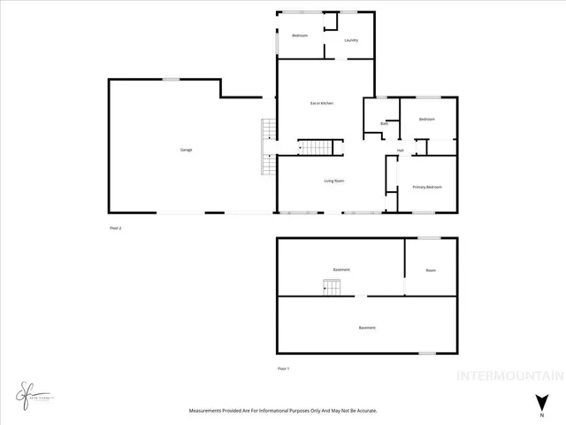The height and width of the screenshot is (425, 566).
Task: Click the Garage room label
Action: click(x=187, y=150)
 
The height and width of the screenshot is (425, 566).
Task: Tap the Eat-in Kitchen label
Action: click(x=321, y=104)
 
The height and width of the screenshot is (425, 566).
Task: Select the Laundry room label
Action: click(x=351, y=40)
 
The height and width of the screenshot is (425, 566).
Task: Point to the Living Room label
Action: click(x=333, y=181)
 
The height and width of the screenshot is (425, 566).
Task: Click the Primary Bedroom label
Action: click(x=427, y=187)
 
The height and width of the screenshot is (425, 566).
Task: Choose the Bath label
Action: click(x=384, y=124)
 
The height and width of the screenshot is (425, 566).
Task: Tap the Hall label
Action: click(x=400, y=151)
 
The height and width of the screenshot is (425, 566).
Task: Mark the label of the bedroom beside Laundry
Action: click(x=300, y=35)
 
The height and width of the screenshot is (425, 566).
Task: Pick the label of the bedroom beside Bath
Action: click(x=427, y=119)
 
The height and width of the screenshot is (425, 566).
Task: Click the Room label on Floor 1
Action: click(x=431, y=270)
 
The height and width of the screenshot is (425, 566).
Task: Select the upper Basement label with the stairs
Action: click(x=341, y=269)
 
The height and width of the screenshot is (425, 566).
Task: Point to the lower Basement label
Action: click(x=367, y=328)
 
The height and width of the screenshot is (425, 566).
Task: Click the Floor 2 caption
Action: click(x=114, y=228)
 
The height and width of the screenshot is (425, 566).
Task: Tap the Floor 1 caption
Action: click(x=284, y=367)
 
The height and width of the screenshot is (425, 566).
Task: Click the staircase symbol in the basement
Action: click(x=331, y=286)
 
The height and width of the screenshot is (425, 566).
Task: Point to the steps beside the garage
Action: click(x=267, y=149)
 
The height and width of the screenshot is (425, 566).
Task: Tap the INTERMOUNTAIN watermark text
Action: click(x=508, y=375)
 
